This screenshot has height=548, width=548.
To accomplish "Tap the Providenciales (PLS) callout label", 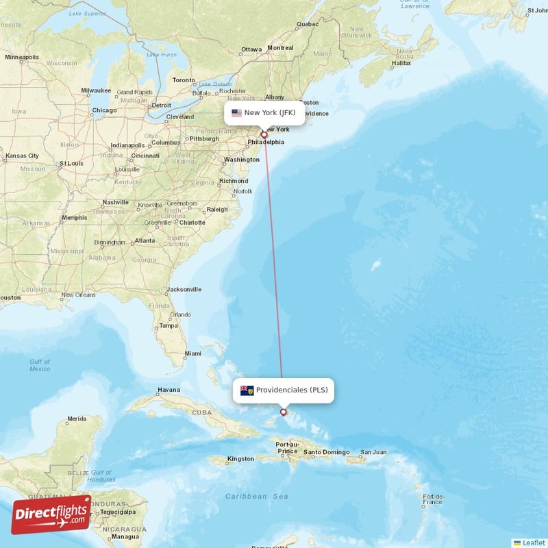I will (x=284, y=390).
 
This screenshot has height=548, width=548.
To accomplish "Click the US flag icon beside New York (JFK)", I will (x=236, y=113).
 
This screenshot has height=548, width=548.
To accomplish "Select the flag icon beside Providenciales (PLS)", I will (x=247, y=390).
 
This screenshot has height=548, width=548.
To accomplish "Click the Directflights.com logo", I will (x=51, y=514).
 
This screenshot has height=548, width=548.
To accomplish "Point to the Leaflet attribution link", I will (x=529, y=543).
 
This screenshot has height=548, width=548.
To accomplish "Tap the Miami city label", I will (x=192, y=353).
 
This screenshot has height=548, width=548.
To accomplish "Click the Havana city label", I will (x=169, y=390).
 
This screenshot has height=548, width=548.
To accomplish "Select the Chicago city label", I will (x=104, y=110).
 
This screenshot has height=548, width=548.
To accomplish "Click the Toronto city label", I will (x=184, y=80).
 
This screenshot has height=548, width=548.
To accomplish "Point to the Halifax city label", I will (x=401, y=63).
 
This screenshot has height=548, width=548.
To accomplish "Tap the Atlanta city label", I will (x=145, y=240).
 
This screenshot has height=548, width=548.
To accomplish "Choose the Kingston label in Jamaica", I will (x=240, y=458).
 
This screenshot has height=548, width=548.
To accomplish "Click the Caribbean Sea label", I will (x=258, y=495).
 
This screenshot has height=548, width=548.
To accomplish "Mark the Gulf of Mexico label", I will (x=40, y=365).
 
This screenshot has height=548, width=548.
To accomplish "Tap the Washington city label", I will (x=241, y=160).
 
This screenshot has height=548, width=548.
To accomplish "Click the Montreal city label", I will (x=279, y=48).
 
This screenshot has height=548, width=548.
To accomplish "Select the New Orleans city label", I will (x=77, y=295).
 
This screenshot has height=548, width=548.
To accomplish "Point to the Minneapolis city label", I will (x=22, y=57).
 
